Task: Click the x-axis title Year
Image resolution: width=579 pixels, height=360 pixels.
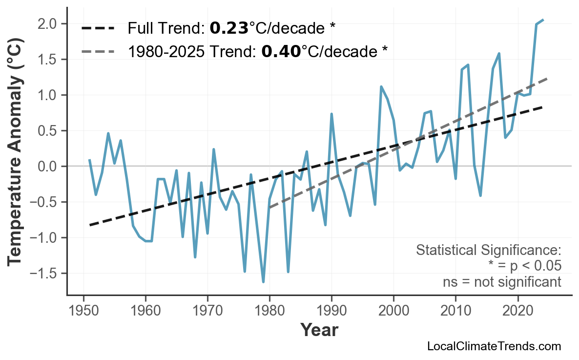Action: (319, 330)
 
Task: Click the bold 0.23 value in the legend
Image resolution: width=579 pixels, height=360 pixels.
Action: (229, 28)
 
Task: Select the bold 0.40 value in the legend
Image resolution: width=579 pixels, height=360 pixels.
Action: (281, 51)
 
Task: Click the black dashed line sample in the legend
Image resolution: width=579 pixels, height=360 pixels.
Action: (98, 28)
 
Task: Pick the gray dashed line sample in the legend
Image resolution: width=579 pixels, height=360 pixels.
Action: (98, 51)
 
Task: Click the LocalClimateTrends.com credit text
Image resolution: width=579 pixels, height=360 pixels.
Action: (494, 346)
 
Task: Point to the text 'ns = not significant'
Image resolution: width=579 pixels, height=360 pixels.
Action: (502, 282)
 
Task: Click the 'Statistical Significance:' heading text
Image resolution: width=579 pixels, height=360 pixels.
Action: (488, 250)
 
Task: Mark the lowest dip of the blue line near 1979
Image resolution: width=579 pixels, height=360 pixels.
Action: (263, 282)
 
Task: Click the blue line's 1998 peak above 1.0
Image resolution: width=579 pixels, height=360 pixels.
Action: (381, 86)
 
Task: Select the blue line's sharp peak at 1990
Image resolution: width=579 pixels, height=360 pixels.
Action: (331, 114)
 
